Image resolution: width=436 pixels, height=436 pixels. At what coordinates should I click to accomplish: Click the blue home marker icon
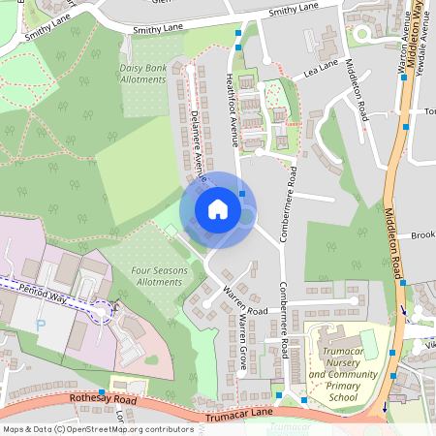coord(218,209)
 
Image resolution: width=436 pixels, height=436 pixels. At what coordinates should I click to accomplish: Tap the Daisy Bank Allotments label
coord(142,75)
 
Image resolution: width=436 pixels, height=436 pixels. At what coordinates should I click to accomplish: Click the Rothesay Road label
coord(105,401)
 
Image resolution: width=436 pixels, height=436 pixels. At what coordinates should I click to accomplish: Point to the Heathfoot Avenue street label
coord(232,109)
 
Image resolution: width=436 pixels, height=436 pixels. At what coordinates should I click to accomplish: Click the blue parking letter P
coord(41,327)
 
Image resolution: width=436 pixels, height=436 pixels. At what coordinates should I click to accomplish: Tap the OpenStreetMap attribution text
coord(98,429)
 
